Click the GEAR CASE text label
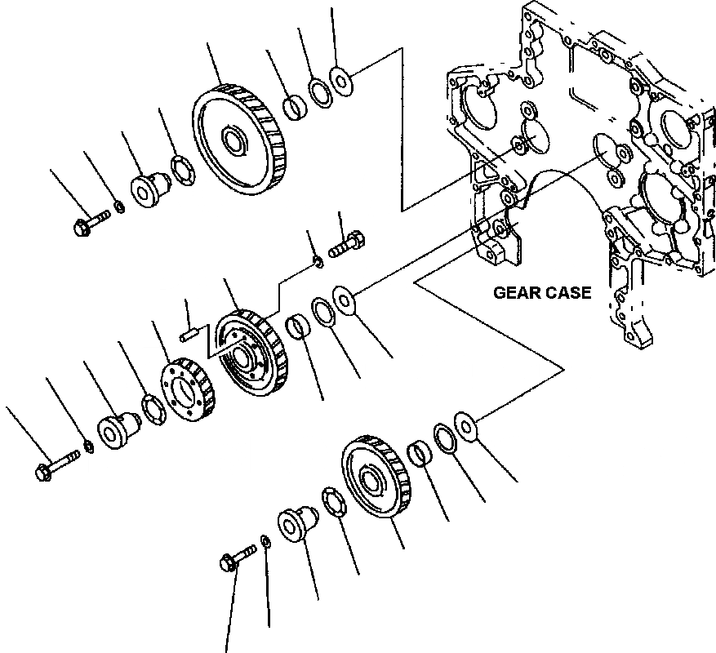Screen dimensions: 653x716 pyautogui.click(x=542, y=293)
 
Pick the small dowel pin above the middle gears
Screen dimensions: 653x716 pyautogui.click(x=188, y=331)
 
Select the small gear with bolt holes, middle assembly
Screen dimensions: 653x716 pyautogui.click(x=185, y=390)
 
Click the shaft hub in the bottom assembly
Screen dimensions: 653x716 pyautogui.click(x=296, y=522)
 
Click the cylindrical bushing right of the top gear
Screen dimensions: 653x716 pyautogui.click(x=294, y=107)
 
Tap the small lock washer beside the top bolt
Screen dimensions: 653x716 pyautogui.click(x=119, y=207)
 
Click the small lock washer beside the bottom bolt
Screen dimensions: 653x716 pyautogui.click(x=266, y=542)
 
